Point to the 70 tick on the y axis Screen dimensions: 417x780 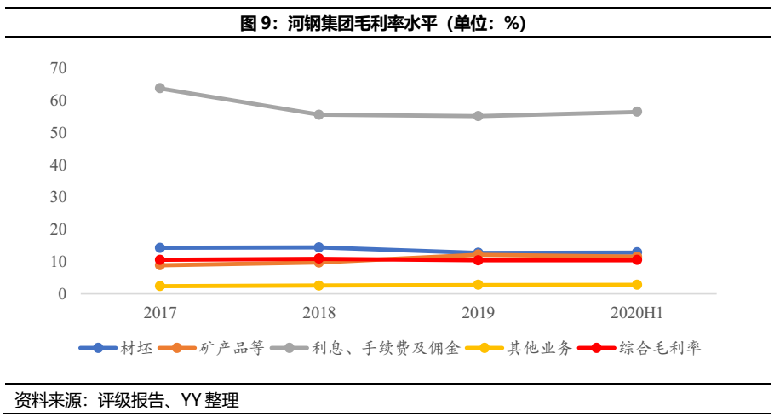pos(59,68)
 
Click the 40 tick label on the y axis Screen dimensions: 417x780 pos(59,165)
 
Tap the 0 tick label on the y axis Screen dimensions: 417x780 pos(62,294)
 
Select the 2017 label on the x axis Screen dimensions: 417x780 pos(160,313)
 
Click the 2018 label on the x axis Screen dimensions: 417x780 pos(318,313)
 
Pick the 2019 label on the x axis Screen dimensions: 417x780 pos(478,313)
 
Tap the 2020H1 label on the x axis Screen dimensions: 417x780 pos(636,313)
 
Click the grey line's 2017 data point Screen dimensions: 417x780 pos(160,88)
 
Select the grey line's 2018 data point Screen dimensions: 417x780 pos(318,114)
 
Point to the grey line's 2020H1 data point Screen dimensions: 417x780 pos(636,112)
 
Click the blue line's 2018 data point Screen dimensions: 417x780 pos(318,247)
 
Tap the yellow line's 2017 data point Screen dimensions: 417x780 pos(160,287)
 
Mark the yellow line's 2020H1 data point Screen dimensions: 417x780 pos(636,285)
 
